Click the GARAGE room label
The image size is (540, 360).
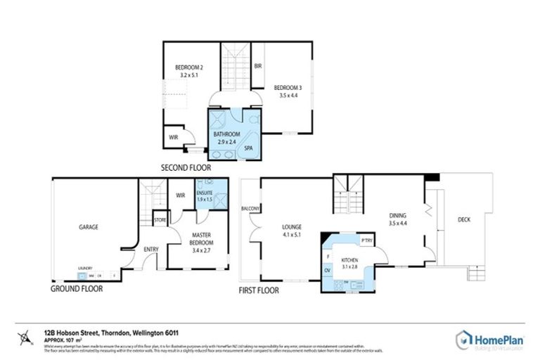click(x=88, y=227)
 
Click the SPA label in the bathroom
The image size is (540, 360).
click(x=248, y=148)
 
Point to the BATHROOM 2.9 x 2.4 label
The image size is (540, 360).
click(x=227, y=138)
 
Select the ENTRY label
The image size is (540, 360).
click(x=151, y=249)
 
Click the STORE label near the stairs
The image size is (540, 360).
click(x=160, y=220)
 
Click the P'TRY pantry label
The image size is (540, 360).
click(x=366, y=240)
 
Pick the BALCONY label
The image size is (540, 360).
click(x=250, y=209)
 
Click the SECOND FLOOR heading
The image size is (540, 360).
click(x=186, y=168)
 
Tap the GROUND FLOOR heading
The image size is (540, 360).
click(x=77, y=288)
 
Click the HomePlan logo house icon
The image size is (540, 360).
click(x=464, y=338)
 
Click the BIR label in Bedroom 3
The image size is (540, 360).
click(x=258, y=66)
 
